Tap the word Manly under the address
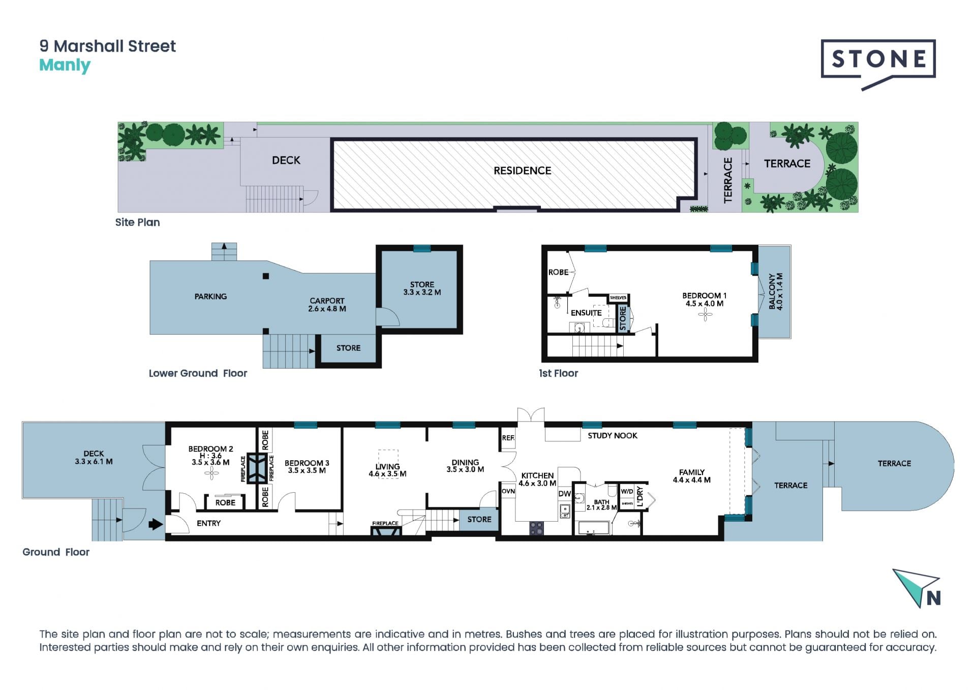(x=65, y=66)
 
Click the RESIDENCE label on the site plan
(x=522, y=171)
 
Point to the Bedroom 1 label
(x=704, y=299)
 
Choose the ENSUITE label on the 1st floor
(x=586, y=313)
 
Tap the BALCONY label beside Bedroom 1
(x=776, y=291)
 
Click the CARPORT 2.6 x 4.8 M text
(x=327, y=305)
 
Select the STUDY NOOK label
(x=613, y=436)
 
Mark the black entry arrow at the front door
(x=156, y=524)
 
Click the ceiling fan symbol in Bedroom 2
(x=211, y=474)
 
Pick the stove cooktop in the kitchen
(x=537, y=528)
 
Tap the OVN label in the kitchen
(x=508, y=491)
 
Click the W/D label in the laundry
(x=627, y=491)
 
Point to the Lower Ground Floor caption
(x=198, y=373)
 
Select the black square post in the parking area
(x=266, y=276)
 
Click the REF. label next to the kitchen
(x=508, y=438)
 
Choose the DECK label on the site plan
(x=286, y=160)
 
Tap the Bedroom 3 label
(x=307, y=467)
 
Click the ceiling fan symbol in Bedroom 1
(x=705, y=315)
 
